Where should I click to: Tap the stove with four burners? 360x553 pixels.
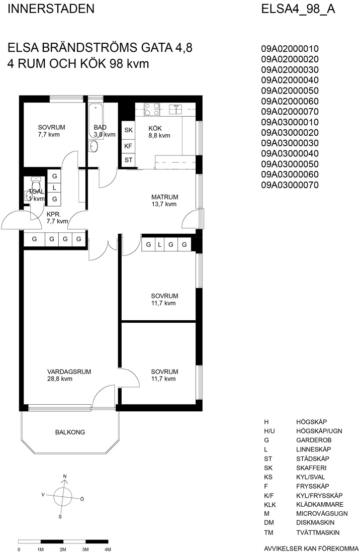coord(152,109)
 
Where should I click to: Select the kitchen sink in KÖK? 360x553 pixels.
coord(175,109)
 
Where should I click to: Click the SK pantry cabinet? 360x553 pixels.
coord(128,130)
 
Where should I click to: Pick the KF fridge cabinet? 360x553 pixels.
coord(128,146)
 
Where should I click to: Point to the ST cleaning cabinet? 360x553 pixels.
coord(128,160)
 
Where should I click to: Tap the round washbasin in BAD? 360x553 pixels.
coord(94,146)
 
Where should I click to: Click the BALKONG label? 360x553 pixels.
coord(70,432)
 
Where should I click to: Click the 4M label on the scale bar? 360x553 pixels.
coord(108,549)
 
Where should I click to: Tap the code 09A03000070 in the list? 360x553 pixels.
coord(290,185)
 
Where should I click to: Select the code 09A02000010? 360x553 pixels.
coord(290,49)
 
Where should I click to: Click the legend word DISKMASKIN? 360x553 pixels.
coord(315,523)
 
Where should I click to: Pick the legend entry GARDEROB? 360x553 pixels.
coord(314,440)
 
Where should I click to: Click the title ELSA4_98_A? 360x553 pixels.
coord(298,9)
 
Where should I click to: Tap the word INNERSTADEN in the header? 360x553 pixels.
coord(51,9)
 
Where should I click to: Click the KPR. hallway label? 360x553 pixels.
coord(54,214)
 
